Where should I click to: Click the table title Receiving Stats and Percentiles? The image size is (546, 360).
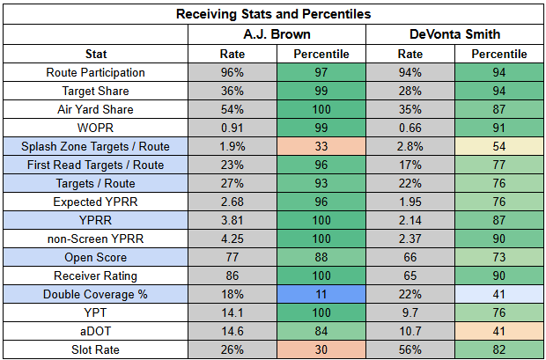click(273, 14)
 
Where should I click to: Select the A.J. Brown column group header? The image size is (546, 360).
click(277, 34)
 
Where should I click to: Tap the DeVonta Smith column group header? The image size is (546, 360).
click(454, 34)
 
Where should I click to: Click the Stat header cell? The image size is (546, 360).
click(96, 54)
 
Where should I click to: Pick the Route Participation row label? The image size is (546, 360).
click(95, 72)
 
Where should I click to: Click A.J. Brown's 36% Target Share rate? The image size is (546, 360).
click(232, 91)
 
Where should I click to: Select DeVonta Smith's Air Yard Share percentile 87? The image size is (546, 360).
click(498, 109)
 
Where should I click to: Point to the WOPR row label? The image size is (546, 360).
click(95, 128)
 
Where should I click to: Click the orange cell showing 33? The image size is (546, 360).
click(321, 146)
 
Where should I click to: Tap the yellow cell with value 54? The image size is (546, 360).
click(498, 146)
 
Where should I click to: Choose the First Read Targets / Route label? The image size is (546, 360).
click(95, 165)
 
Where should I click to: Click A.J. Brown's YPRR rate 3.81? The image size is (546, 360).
click(232, 220)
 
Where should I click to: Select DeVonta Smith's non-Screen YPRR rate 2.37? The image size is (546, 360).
click(410, 239)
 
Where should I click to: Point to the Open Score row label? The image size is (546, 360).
click(95, 257)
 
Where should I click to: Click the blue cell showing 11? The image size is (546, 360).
click(321, 294)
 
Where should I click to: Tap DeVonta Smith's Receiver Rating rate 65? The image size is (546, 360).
click(410, 276)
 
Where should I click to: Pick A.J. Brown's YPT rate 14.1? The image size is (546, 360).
click(232, 312)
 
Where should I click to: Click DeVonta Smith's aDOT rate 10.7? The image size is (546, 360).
click(410, 331)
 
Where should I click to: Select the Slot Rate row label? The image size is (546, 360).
click(95, 349)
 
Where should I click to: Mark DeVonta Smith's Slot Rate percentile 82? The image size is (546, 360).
click(498, 349)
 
